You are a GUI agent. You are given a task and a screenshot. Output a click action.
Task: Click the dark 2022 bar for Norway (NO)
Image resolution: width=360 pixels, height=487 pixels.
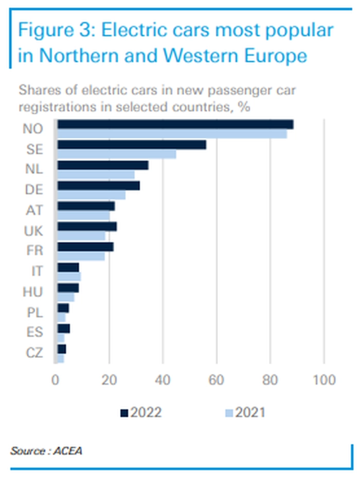pos(175,124)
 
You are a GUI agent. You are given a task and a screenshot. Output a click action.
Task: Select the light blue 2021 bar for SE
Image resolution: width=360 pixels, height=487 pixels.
pos(117,154)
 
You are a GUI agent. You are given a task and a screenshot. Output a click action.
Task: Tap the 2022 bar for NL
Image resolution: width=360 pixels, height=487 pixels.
pos(103,165)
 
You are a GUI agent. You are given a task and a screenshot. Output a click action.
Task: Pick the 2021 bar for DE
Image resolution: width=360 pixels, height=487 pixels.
pos(92,195)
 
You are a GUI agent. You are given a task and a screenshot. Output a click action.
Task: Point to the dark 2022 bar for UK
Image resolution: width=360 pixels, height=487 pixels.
pos(87,226)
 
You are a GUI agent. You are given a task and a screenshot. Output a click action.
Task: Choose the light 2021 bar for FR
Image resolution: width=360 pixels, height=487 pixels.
pos(81,256)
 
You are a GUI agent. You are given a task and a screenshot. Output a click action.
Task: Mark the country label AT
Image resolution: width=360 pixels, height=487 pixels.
pos(34,210)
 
